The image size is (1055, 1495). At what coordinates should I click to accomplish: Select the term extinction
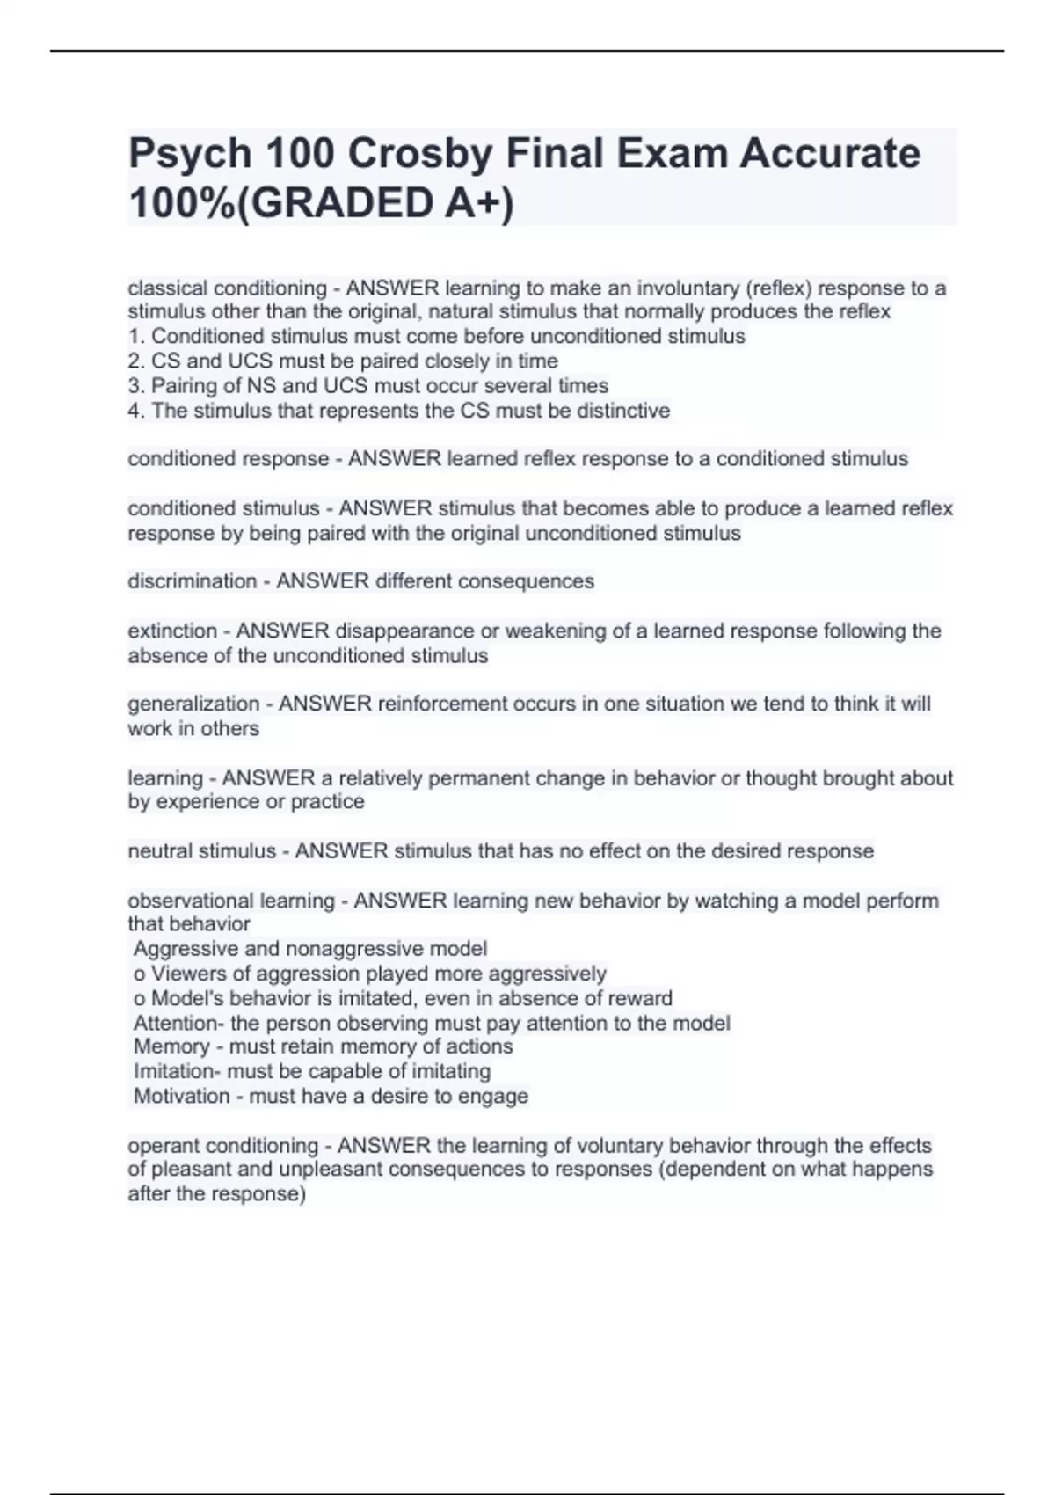172,631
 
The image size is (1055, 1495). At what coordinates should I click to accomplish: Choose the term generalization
193,704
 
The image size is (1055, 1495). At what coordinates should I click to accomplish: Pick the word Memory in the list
171,1046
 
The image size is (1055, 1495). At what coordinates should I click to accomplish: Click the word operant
164,1146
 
